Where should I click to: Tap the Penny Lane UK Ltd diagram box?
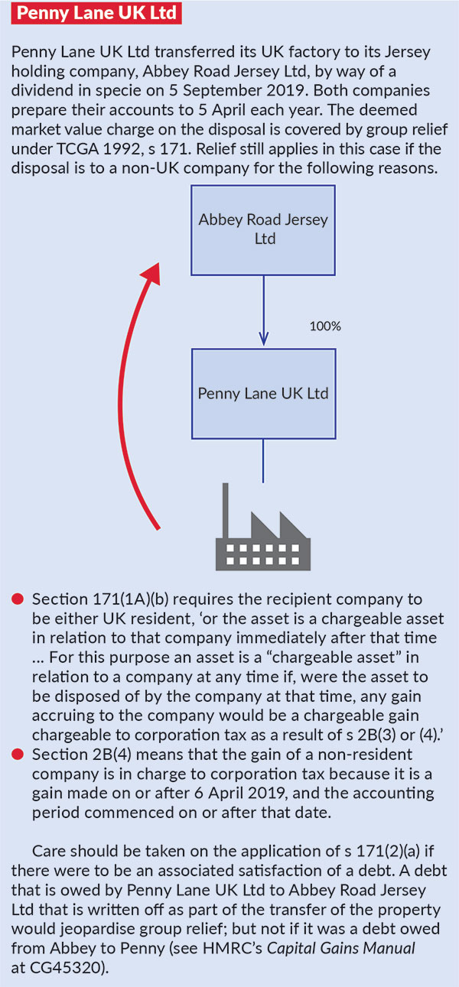tap(263, 394)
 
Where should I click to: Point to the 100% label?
tap(325, 326)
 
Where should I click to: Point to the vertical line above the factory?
tap(263, 461)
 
